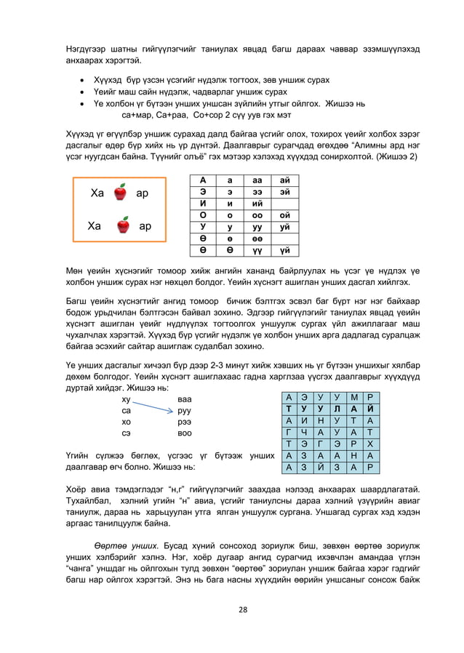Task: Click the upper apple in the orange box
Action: coord(121,193)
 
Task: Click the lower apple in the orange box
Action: coord(123,225)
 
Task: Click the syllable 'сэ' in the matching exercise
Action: coord(126,432)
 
